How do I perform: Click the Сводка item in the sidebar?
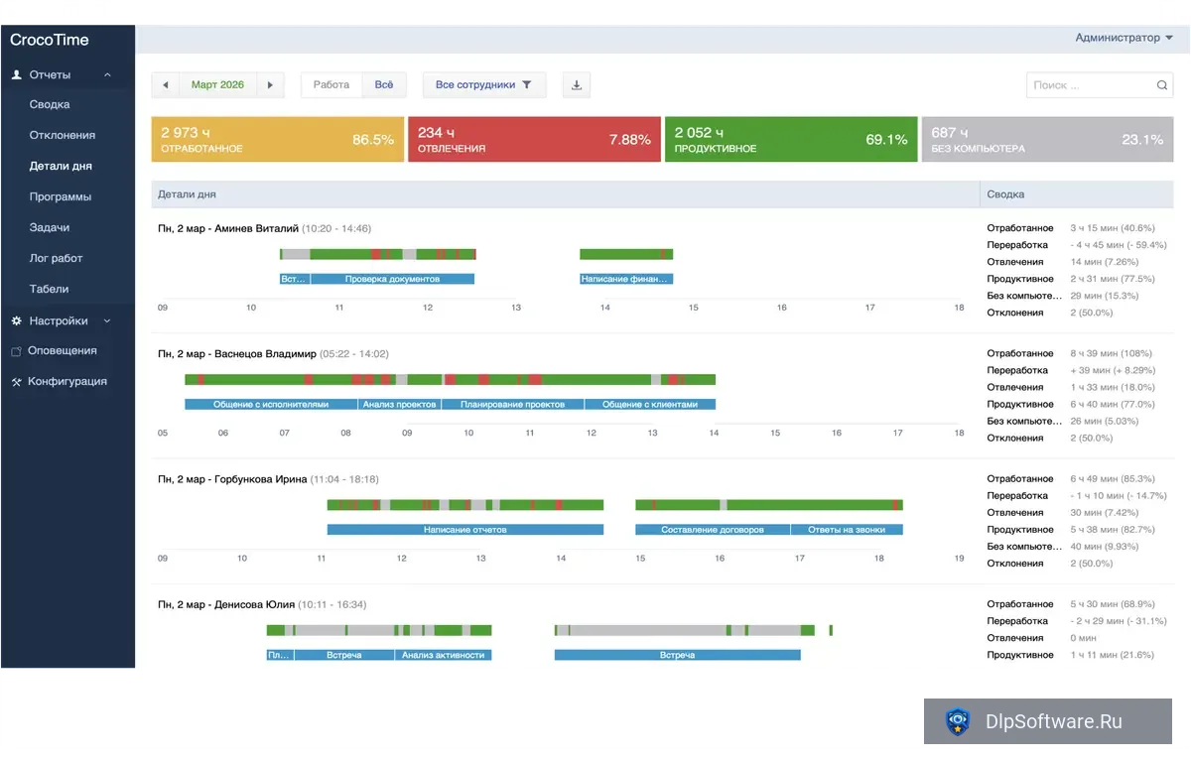point(50,104)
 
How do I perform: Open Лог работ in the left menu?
point(56,258)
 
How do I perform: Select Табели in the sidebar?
point(49,289)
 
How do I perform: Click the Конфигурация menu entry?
point(67,381)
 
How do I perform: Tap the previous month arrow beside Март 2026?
point(166,84)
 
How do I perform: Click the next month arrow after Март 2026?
point(270,84)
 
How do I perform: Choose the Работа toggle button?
point(331,84)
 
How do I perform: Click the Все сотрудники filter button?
point(484,84)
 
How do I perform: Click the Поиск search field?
point(1099,85)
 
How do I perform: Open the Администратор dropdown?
point(1124,38)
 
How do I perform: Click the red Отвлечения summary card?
point(534,139)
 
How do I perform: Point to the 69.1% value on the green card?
point(885,139)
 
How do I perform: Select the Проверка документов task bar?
point(392,279)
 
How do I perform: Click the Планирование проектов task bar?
point(512,404)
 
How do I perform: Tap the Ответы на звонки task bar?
point(847,530)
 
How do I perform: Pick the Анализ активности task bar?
point(443,655)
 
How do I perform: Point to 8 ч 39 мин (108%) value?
point(1111,353)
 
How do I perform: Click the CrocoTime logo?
point(49,40)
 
